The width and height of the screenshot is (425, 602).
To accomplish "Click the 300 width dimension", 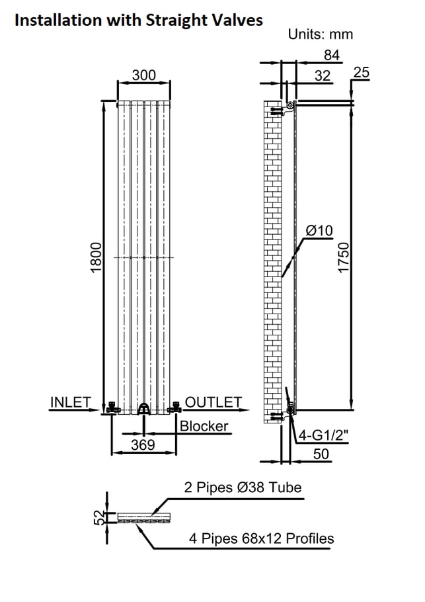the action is click(x=144, y=75).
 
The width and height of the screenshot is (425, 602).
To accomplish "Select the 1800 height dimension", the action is click(x=96, y=257).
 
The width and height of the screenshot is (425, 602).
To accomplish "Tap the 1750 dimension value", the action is click(x=344, y=257).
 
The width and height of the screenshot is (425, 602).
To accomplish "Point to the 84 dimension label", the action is click(x=332, y=55).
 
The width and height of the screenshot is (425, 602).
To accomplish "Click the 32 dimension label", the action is click(x=322, y=75).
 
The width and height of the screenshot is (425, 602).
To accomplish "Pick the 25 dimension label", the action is click(x=362, y=72).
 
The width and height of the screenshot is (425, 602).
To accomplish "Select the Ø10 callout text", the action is click(x=319, y=231).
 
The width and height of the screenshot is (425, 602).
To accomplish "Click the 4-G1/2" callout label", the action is click(x=323, y=435).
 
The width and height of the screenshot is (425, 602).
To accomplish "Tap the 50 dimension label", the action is click(x=321, y=454).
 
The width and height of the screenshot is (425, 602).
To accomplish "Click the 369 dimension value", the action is click(x=143, y=445).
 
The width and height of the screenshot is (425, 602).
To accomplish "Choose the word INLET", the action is click(x=71, y=402).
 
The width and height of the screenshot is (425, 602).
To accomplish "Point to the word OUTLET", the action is click(x=213, y=402).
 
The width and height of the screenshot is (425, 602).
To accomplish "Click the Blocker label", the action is click(x=204, y=426).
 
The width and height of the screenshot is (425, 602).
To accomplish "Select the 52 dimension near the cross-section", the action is click(x=99, y=517).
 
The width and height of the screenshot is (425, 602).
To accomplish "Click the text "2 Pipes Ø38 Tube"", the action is click(x=243, y=487).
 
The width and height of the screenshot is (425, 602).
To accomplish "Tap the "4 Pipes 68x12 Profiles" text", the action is click(x=261, y=538).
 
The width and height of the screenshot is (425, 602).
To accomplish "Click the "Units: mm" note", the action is click(x=321, y=34).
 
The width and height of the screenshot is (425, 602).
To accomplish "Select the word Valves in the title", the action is click(x=239, y=20).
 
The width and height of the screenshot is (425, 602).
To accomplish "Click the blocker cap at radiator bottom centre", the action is click(x=144, y=409).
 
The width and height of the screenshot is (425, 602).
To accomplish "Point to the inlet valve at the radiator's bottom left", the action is click(x=112, y=408).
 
